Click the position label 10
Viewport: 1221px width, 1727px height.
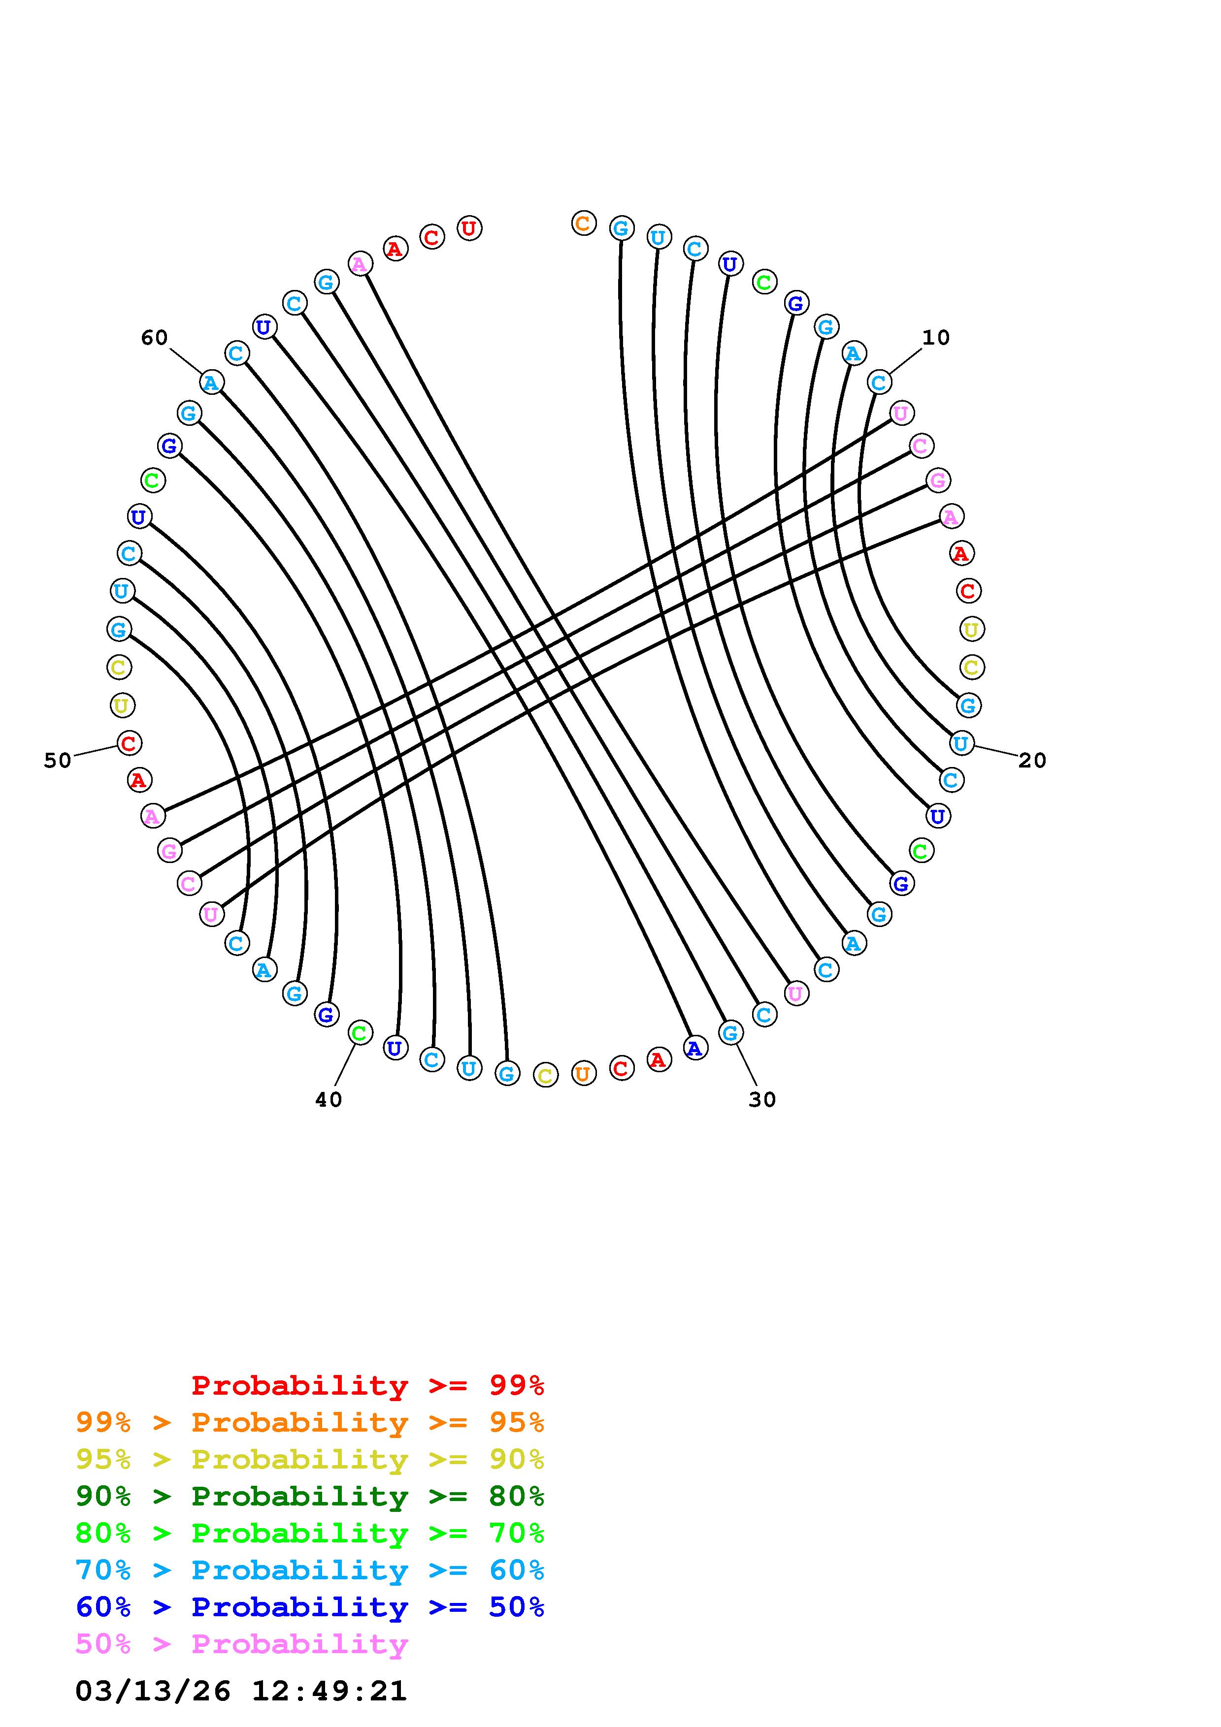pos(936,338)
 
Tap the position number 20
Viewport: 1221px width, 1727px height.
pos(1032,761)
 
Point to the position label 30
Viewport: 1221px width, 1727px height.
pos(762,1100)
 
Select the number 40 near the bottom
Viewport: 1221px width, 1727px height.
pos(329,1100)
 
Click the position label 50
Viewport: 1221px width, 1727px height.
pos(58,761)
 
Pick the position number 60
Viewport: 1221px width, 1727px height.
pos(154,338)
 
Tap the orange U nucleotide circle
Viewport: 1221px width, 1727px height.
pos(583,1073)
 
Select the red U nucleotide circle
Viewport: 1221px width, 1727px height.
pos(469,228)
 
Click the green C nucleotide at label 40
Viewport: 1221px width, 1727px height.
pos(361,1033)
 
